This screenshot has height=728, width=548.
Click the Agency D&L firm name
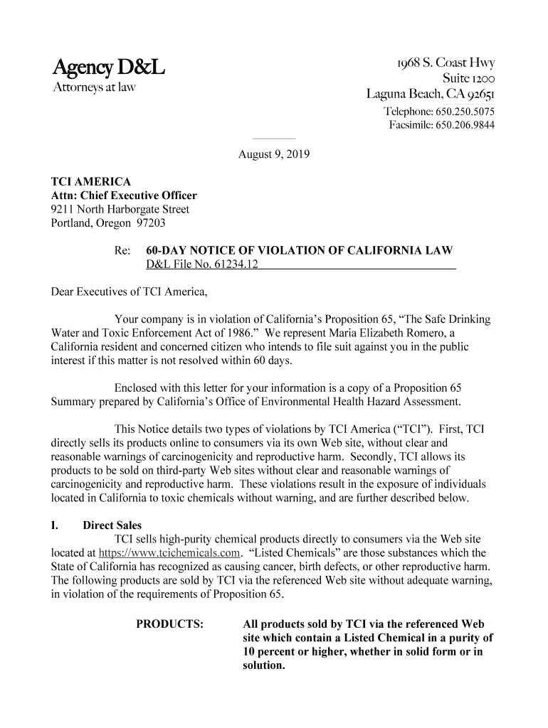pos(109,69)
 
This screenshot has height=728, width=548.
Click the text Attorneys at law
pos(94,89)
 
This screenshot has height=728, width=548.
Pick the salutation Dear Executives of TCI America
pos(130,291)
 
